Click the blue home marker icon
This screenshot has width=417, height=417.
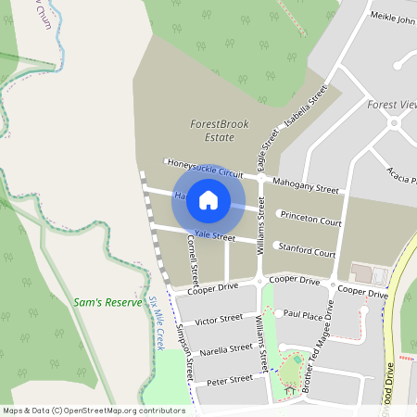coord(208,199)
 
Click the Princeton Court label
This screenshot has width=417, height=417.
coord(310,220)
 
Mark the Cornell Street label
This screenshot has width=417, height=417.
coord(194,259)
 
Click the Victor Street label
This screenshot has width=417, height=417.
coord(219,321)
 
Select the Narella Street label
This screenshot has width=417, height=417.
coord(225,349)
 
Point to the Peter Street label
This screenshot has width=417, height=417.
coord(230,380)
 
